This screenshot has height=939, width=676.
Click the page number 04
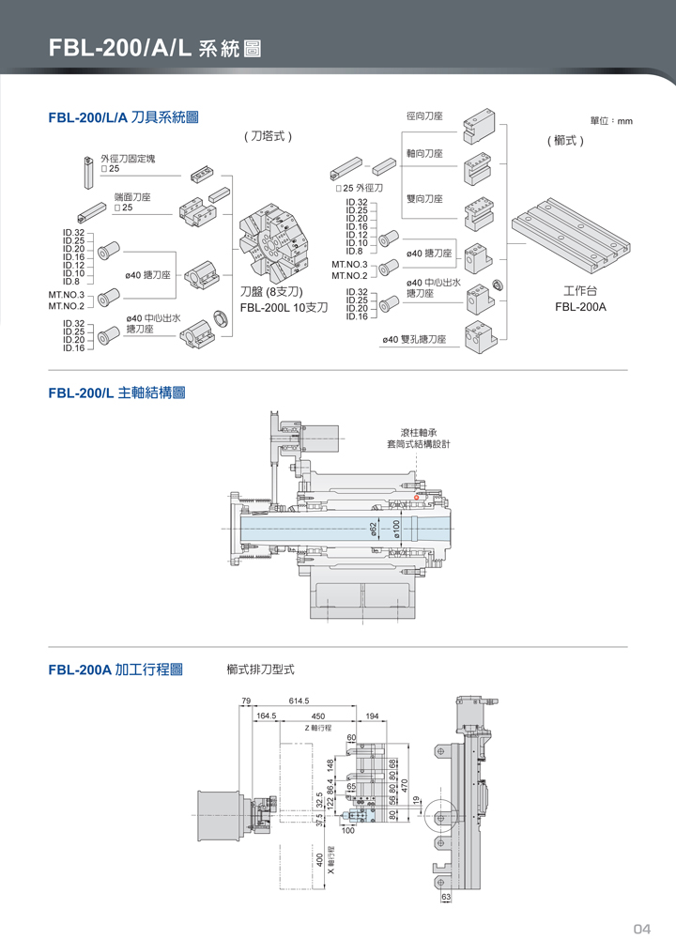(641, 929)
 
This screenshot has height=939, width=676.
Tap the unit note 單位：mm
(611, 121)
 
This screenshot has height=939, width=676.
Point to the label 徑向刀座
(424, 116)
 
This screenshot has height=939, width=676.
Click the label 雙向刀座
(424, 198)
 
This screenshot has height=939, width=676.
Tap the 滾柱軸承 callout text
(419, 433)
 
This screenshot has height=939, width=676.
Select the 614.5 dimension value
(300, 701)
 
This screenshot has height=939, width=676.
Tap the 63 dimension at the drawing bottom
(447, 898)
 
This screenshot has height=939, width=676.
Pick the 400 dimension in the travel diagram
(319, 859)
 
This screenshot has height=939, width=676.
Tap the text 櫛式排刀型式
(260, 670)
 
